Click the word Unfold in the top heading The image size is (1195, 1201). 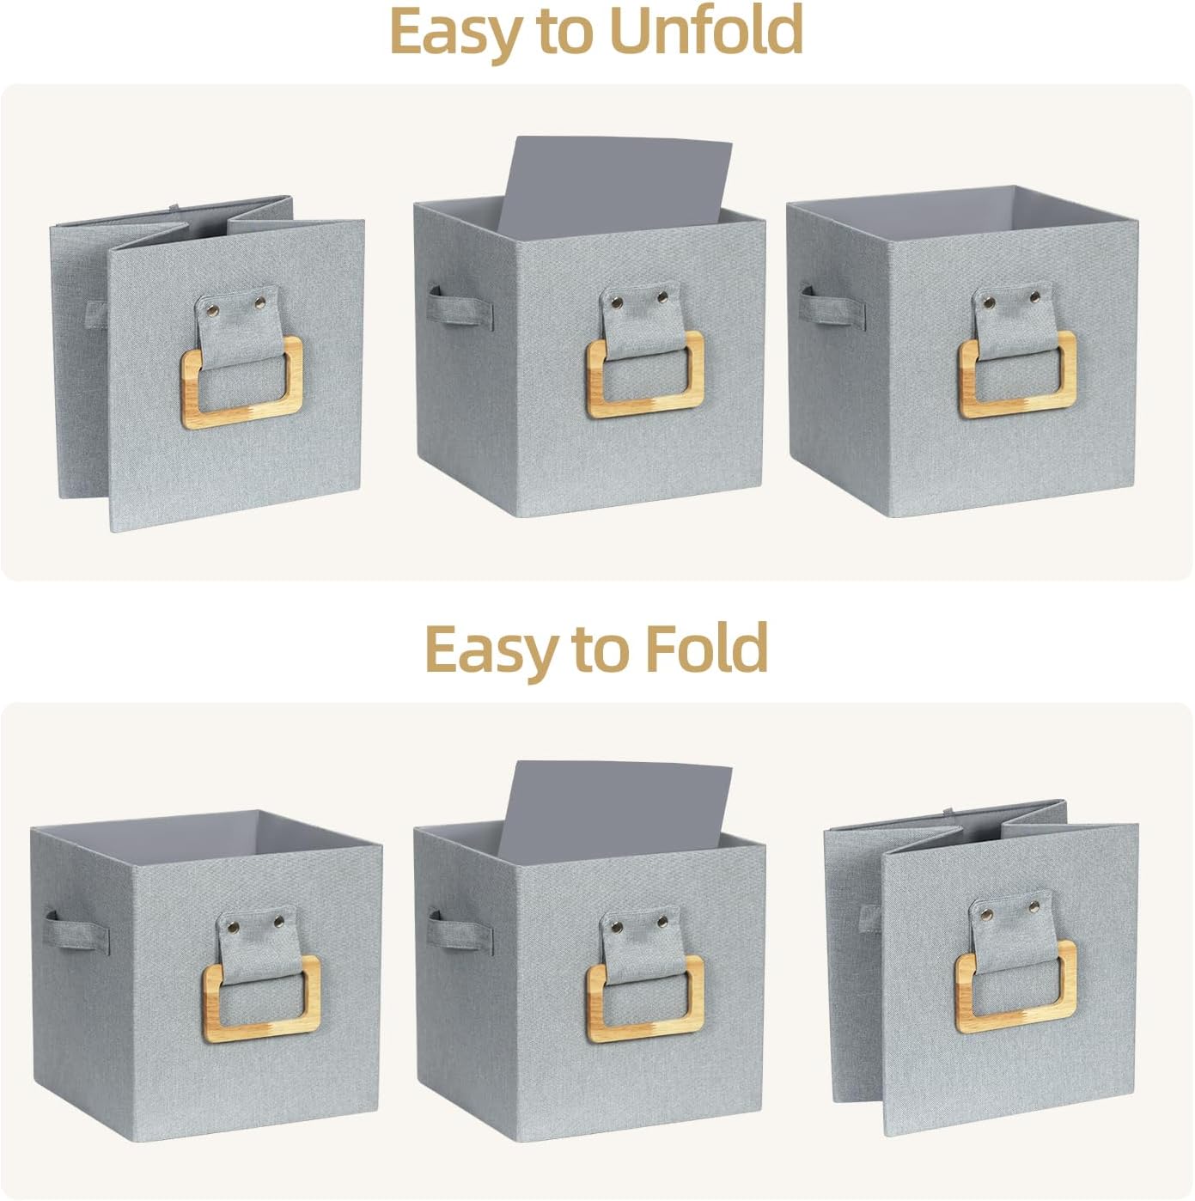click(706, 31)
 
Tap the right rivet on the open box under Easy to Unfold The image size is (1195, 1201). click(1034, 299)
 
